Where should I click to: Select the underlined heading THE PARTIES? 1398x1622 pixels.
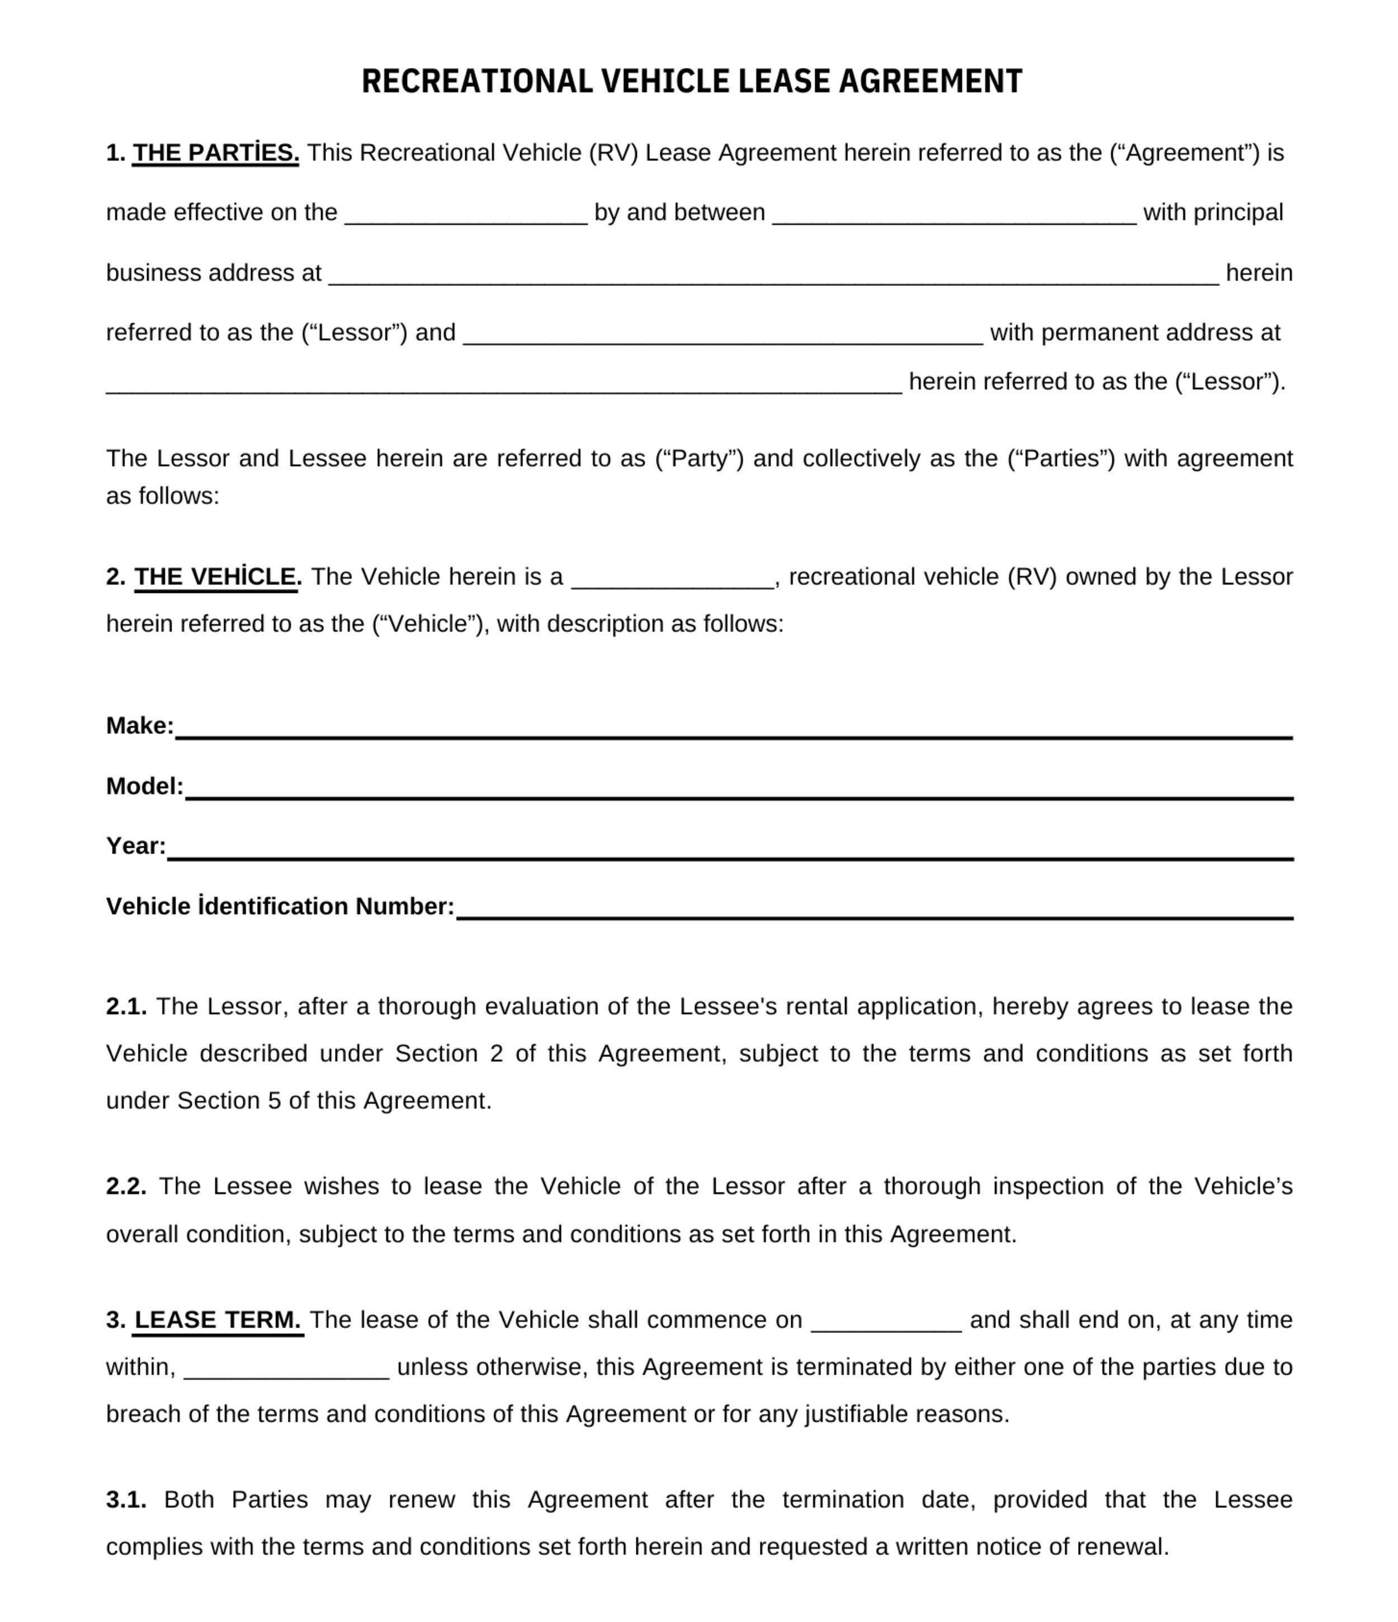215,153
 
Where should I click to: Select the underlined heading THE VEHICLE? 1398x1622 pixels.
216,577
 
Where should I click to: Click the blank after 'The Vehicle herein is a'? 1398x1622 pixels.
672,578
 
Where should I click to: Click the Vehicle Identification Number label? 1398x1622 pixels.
280,907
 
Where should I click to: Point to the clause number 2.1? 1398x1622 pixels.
126,1007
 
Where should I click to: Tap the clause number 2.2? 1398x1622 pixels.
126,1187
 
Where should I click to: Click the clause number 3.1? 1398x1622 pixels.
126,1500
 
